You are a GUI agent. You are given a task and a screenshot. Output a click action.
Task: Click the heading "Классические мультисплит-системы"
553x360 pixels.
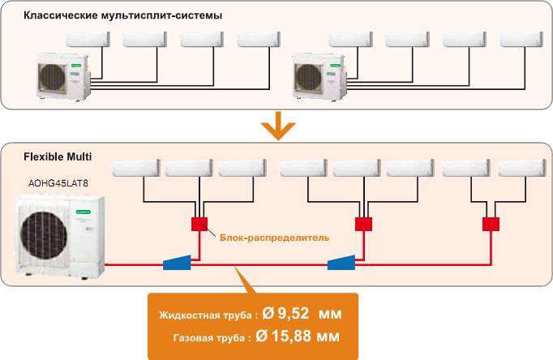point(111,16)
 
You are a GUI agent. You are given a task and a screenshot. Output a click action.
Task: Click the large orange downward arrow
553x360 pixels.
point(276,126)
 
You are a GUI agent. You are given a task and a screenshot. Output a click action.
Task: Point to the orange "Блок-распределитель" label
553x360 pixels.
point(273,238)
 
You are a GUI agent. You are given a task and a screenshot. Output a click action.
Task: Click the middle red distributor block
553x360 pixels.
point(363,225)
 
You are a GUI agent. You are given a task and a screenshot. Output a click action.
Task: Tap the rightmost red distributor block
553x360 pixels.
point(490,225)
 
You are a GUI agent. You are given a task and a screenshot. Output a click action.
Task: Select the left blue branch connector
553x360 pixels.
point(177,264)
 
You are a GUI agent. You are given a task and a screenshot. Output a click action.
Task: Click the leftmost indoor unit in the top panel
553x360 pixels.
point(87,39)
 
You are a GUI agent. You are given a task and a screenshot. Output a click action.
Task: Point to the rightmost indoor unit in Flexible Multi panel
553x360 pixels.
point(521,168)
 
